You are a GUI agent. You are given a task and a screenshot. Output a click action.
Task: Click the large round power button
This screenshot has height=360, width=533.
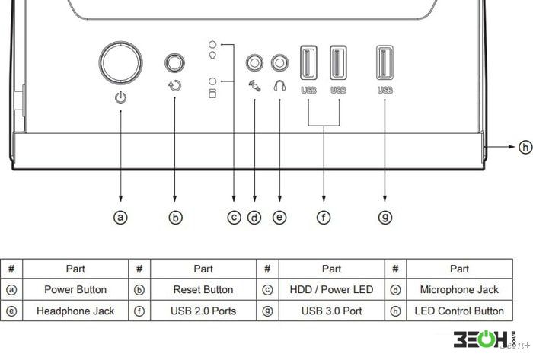(x=120, y=63)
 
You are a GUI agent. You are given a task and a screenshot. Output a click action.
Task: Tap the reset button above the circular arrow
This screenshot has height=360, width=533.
(x=174, y=62)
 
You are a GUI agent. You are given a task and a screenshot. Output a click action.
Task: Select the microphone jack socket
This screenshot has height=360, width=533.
(x=254, y=63)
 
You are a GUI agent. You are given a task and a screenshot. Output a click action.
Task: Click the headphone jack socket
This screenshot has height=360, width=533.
(x=279, y=63)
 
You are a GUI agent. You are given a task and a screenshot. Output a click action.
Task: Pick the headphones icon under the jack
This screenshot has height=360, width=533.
(x=279, y=85)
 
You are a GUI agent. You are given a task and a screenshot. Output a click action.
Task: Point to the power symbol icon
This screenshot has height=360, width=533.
(x=120, y=97)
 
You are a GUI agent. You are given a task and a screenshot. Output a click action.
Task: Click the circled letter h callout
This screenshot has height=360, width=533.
(x=525, y=147)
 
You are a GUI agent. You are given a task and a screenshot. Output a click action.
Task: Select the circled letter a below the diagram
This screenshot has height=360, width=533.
(x=120, y=218)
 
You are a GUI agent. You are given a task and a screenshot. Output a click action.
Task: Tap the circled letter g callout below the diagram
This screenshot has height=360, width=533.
(x=385, y=218)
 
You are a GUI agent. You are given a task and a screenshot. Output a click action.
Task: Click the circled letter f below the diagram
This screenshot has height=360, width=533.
(x=324, y=218)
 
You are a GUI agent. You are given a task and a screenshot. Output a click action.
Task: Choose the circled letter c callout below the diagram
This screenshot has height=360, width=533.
(x=235, y=218)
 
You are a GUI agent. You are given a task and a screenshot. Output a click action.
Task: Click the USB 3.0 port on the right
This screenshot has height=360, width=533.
(x=385, y=63)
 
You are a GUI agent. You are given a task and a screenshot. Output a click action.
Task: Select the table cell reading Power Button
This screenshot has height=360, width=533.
(x=75, y=290)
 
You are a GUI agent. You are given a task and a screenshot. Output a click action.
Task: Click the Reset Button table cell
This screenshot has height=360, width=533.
(x=203, y=290)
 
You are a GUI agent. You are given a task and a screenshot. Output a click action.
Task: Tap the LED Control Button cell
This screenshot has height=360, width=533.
(x=459, y=311)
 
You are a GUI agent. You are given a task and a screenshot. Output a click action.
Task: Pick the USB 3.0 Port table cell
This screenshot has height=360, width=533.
(x=331, y=311)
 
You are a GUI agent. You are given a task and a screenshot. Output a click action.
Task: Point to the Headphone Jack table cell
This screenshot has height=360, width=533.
(x=75, y=311)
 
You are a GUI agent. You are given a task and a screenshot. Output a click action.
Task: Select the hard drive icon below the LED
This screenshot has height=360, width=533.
(x=212, y=94)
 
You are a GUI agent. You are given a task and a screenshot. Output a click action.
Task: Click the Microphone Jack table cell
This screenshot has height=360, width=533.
(x=459, y=290)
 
